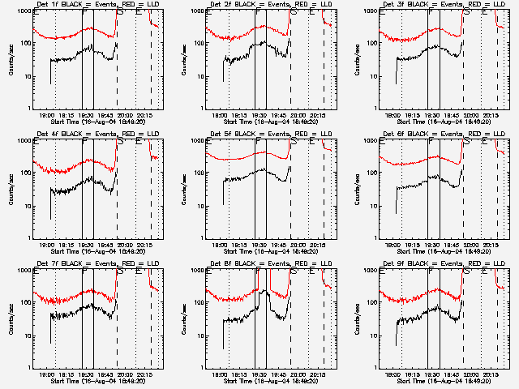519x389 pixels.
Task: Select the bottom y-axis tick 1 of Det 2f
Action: (204, 108)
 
